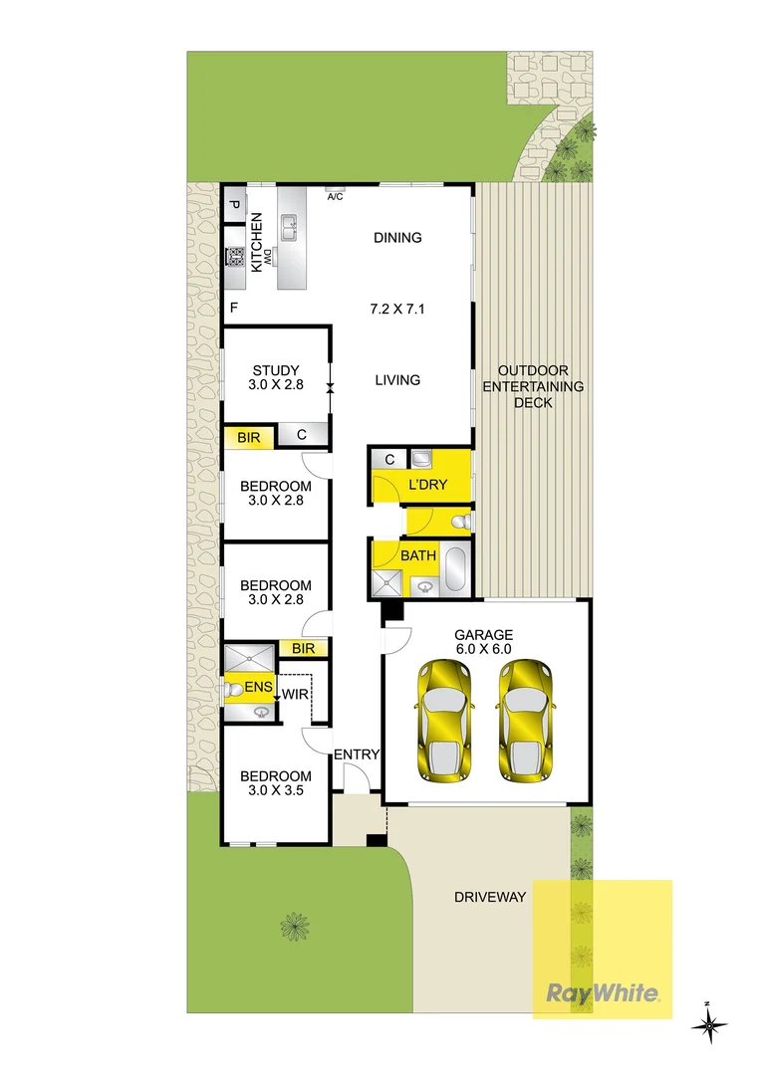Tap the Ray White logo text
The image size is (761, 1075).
click(602, 992)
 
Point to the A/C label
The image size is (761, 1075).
click(335, 197)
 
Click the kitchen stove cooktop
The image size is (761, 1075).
click(236, 258)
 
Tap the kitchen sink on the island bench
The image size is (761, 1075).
click(289, 228)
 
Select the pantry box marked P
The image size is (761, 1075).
click(234, 206)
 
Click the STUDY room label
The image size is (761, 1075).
click(275, 372)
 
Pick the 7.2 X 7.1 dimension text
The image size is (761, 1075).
click(397, 309)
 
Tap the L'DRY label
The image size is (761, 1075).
click(428, 485)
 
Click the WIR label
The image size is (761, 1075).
click(294, 694)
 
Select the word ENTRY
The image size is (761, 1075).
click(357, 754)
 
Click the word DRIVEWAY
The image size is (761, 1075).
click(489, 897)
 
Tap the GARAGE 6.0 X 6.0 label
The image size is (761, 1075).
click(483, 641)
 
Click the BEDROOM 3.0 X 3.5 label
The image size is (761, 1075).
click(275, 783)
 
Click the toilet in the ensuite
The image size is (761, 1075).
click(231, 688)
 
